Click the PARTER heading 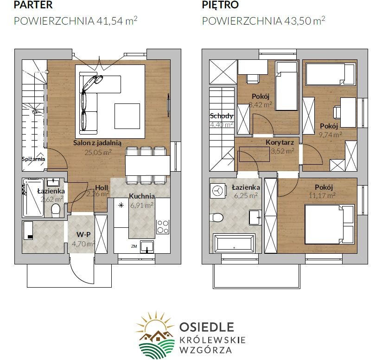click(x=33, y=5)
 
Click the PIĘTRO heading click(x=220, y=5)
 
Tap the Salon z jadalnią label click(x=97, y=143)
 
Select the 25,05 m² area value click(x=98, y=152)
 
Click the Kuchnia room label click(x=142, y=196)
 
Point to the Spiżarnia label click(x=33, y=159)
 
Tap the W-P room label click(x=83, y=235)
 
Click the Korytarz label click(x=280, y=142)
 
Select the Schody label click(x=222, y=116)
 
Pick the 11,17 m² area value click(x=322, y=195)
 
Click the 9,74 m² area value click(x=330, y=135)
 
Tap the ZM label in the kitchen click(x=134, y=246)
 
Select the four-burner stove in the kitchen click(x=163, y=227)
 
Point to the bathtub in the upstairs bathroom click(x=234, y=243)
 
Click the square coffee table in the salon click(x=127, y=116)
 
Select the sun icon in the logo click(x=154, y=323)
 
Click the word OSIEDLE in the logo click(x=207, y=327)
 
